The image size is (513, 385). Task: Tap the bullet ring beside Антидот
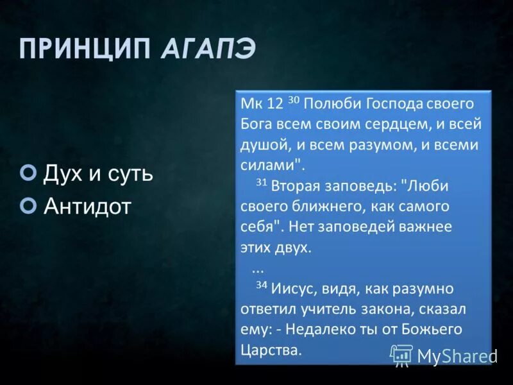pyautogui.click(x=28, y=205)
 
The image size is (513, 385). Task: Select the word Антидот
pyautogui.click(x=87, y=205)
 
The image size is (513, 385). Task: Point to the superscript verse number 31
pyautogui.click(x=261, y=182)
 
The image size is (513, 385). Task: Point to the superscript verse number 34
pyautogui.click(x=261, y=286)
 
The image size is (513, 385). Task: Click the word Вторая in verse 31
pyautogui.click(x=292, y=186)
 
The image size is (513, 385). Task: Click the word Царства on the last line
pyautogui.click(x=269, y=350)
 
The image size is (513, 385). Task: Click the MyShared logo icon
pyautogui.click(x=402, y=355)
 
